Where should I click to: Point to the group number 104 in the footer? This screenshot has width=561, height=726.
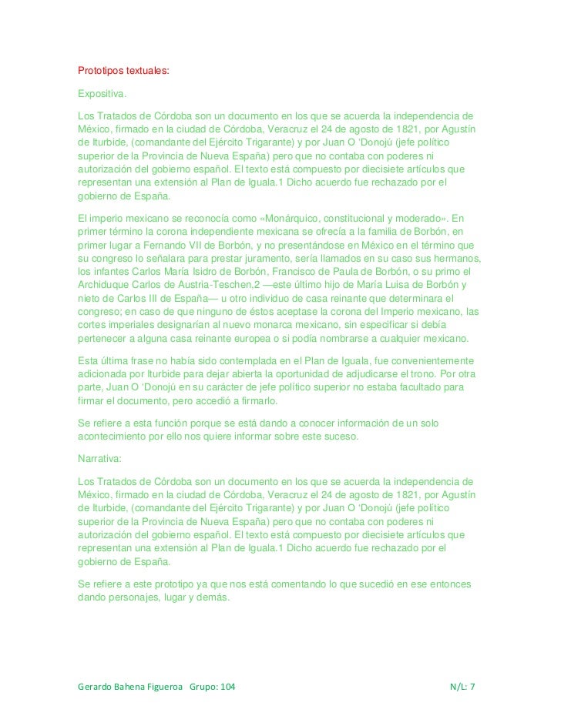pyautogui.click(x=229, y=685)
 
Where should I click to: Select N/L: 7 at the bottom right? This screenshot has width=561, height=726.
pyautogui.click(x=463, y=685)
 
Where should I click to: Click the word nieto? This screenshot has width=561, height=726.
pyautogui.click(x=89, y=297)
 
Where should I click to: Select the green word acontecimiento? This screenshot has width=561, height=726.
pyautogui.click(x=115, y=437)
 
